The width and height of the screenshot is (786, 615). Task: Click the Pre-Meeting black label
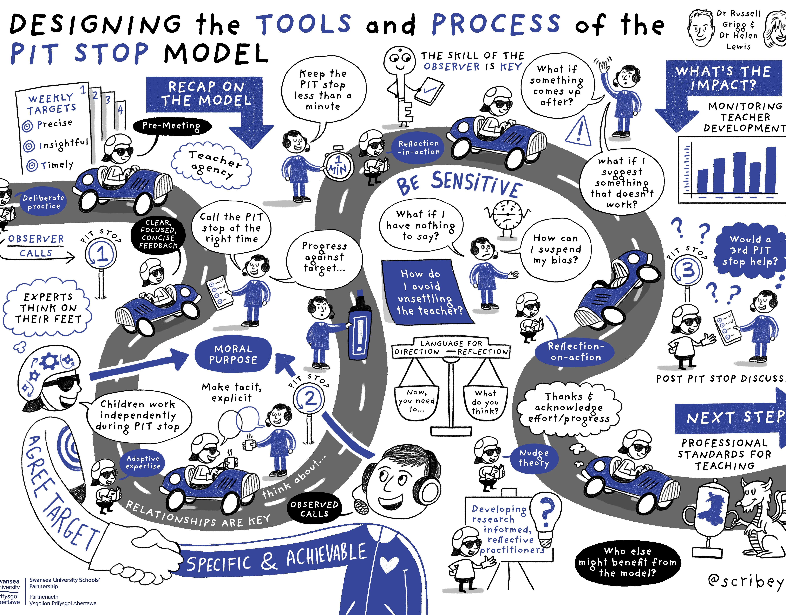(171, 126)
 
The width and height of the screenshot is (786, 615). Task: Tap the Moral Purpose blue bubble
(233, 354)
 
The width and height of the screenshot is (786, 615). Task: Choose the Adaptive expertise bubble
(143, 462)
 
